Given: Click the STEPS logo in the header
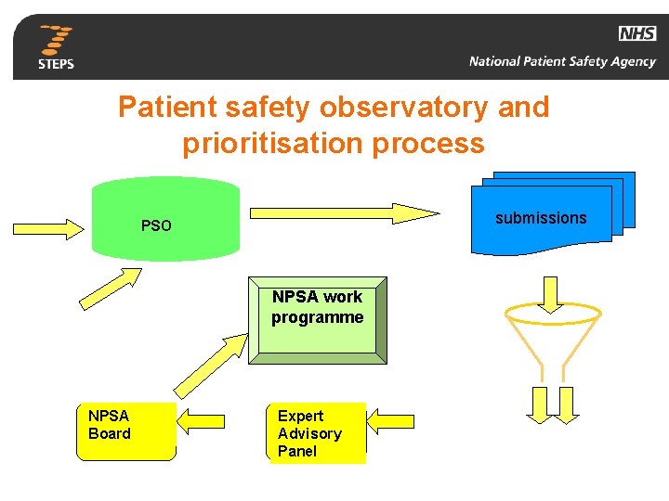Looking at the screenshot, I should click(x=57, y=47).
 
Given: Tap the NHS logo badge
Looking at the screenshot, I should click(x=636, y=34).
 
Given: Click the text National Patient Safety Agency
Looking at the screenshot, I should click(x=562, y=62).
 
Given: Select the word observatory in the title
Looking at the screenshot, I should click(x=402, y=108).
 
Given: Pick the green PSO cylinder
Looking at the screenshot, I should click(x=165, y=219).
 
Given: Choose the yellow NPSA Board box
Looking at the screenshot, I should click(x=125, y=430).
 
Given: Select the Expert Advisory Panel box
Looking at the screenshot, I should click(x=317, y=432).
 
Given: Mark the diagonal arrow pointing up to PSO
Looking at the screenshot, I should click(x=111, y=287).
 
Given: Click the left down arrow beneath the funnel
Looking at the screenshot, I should click(x=539, y=405).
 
